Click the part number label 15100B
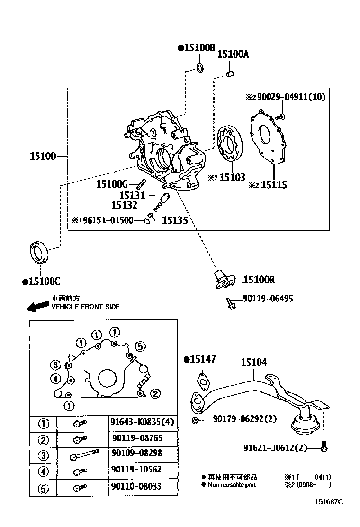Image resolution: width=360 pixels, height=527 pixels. coord(198,48)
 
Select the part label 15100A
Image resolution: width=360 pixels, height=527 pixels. coord(233,54)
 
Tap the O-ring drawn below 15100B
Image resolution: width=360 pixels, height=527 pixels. coord(200,68)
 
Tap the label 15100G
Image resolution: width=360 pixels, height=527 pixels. coord(112,184)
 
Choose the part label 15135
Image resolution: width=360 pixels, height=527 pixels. coord(175,220)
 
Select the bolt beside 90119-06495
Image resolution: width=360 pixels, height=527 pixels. coord(230,302)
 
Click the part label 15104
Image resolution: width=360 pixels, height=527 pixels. coord(253,363)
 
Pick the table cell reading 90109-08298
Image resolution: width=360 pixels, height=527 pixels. coord(137,453)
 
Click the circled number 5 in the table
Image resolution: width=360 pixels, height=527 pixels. coord(43,488)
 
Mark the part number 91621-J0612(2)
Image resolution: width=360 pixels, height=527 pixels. coord(275,448)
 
